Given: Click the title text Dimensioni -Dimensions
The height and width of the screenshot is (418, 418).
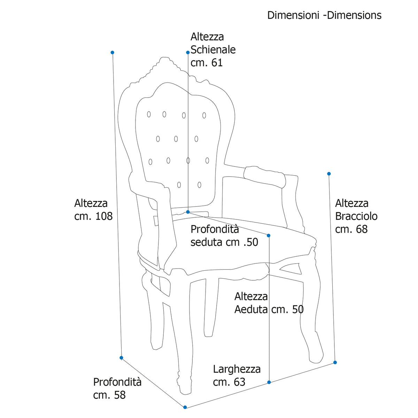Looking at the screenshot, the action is tap(324, 15).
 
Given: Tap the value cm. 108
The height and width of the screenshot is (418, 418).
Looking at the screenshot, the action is tap(93, 216).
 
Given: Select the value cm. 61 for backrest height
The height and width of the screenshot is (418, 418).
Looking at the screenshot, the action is tap(207, 63).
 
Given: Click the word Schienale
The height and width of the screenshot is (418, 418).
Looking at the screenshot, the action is tap(213, 50).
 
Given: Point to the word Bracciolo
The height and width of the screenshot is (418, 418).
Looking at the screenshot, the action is tap(356, 216).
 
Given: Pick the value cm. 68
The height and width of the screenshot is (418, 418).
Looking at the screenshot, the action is tap(351, 229).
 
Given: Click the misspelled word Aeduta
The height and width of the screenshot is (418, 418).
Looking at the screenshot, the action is tap(251, 309).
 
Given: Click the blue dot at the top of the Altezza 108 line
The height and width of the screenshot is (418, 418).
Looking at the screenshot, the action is tap(113, 53).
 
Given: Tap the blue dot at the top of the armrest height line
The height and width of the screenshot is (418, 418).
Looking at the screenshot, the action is tap(329, 174).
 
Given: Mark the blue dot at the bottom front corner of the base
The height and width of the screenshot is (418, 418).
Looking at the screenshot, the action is tap(185, 407).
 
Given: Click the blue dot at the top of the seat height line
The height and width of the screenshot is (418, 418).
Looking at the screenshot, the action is tap(269, 235).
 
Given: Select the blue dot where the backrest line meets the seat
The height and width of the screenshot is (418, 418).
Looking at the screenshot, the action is tap(188, 212).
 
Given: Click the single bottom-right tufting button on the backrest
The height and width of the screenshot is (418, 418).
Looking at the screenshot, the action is tap(199, 185).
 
